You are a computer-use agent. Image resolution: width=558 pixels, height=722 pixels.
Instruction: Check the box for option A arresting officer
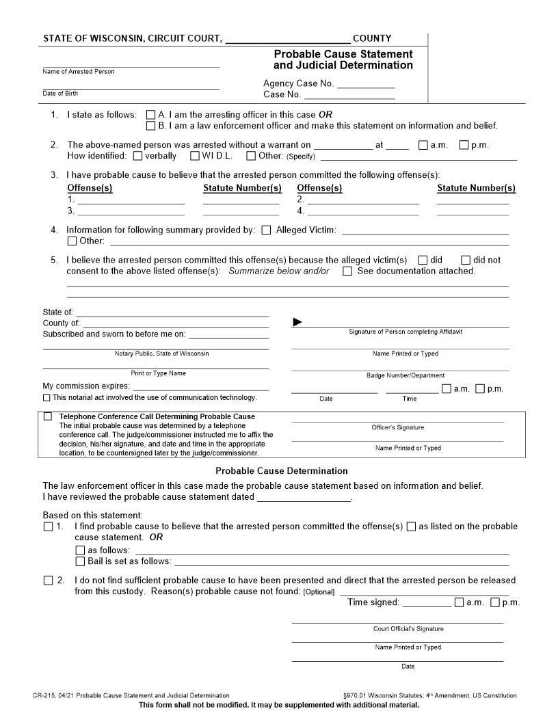coord(151,115)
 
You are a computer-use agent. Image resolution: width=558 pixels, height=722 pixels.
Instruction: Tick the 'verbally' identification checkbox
coord(137,156)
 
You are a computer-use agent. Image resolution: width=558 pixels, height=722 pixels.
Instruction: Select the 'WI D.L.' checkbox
coord(194,156)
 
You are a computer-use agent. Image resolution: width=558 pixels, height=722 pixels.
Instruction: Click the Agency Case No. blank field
coord(366,84)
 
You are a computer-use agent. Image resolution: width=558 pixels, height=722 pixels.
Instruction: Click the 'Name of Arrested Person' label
coord(79,72)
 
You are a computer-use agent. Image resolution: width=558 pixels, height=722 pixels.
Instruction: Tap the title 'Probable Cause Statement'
coord(343,54)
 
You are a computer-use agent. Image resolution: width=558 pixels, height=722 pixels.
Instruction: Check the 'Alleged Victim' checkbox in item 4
coord(266,230)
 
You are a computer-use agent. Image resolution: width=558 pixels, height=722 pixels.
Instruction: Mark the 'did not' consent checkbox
coord(466,260)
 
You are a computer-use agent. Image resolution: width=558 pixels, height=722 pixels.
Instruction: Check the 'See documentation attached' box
coord(347,271)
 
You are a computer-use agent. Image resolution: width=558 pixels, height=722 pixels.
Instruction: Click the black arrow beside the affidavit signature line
coord(297,322)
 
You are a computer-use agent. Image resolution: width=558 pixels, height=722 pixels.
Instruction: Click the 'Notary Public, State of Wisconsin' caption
coord(161,353)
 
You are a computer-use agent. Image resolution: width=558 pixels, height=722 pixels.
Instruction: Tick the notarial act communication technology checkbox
coord(46,398)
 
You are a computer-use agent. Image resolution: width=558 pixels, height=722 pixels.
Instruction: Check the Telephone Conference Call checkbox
coord(47,416)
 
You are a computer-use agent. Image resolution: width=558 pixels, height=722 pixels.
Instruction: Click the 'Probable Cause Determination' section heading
coord(281,471)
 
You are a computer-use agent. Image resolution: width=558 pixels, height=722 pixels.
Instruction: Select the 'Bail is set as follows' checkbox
coord(80,561)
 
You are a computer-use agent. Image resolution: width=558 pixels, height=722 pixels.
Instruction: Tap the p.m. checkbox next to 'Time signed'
coord(494,603)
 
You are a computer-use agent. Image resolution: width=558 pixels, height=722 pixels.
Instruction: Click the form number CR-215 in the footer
coord(44,695)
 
